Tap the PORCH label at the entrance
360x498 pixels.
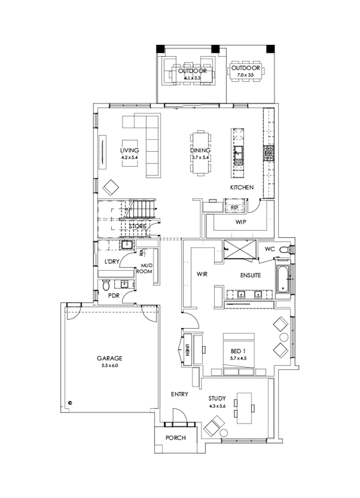click(176, 438)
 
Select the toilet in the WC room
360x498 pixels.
click(284, 250)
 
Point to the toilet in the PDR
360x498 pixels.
click(106, 286)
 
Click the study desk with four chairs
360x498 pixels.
click(244, 408)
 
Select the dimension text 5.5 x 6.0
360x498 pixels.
click(109, 365)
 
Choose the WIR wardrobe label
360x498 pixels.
click(201, 274)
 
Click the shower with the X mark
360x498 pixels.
click(240, 251)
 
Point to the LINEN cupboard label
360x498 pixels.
click(187, 349)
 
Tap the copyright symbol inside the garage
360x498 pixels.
click(70, 403)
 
